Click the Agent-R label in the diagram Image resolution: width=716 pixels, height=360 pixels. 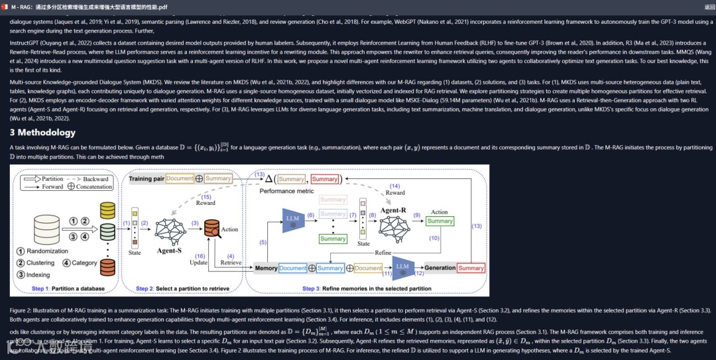pyautogui.click(x=394, y=210)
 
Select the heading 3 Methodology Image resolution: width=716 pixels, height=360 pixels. pyautogui.click(x=42, y=133)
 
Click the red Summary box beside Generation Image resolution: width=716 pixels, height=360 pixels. pyautogui.click(x=471, y=268)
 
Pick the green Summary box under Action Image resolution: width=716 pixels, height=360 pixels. pyautogui.click(x=440, y=221)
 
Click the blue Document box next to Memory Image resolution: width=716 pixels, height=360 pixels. pyautogui.click(x=292, y=268)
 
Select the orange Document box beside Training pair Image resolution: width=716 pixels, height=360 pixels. pyautogui.click(x=180, y=178)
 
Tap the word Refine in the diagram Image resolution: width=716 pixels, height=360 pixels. pyautogui.click(x=383, y=253)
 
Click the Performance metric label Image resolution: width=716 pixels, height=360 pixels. pyautogui.click(x=286, y=190)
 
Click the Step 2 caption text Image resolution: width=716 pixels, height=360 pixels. pyautogui.click(x=182, y=288)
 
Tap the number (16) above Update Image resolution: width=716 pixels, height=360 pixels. pyautogui.click(x=199, y=255)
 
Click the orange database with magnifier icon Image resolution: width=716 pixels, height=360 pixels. pyautogui.click(x=212, y=229)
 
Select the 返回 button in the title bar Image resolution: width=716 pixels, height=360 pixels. pyautogui.click(x=709, y=6)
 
